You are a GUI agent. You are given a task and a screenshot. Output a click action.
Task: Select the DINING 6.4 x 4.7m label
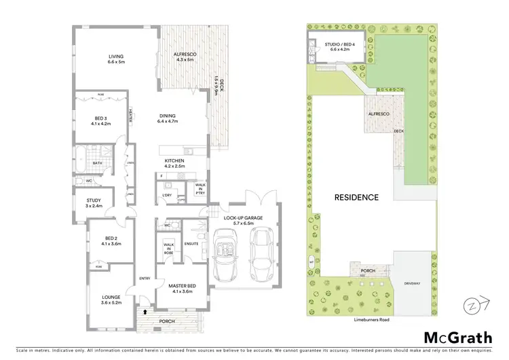click(x=167, y=118)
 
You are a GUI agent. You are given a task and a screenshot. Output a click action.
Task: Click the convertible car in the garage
click(x=225, y=256)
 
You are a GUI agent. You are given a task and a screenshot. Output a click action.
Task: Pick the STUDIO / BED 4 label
click(x=336, y=46)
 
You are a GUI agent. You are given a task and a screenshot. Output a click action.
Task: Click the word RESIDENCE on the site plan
click(x=356, y=198)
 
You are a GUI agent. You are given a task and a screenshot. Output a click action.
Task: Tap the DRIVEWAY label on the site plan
click(x=412, y=283)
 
